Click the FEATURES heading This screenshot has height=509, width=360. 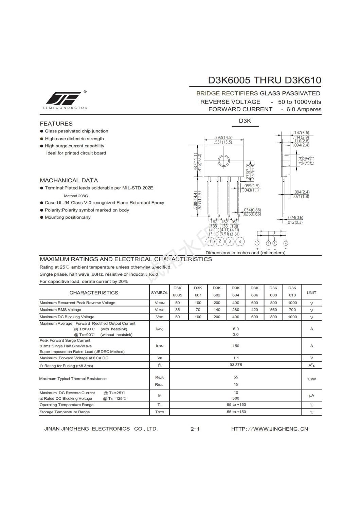[x=56, y=124]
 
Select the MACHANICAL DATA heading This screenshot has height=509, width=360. [x=69, y=180]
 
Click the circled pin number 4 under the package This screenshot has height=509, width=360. [x=240, y=242]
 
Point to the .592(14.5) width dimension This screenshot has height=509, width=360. [x=223, y=138]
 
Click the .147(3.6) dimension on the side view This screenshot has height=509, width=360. [x=301, y=133]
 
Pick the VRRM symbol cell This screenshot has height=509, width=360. [x=159, y=303]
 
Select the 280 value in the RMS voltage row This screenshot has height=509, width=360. [x=236, y=310]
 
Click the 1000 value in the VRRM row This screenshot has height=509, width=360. [x=292, y=303]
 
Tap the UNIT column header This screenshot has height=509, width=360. [x=311, y=293]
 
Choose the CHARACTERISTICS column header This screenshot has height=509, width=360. [x=94, y=293]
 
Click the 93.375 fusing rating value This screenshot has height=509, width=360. [x=236, y=365]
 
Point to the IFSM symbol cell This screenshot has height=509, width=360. [x=159, y=346]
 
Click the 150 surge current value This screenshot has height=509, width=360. [x=236, y=346]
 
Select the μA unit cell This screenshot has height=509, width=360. [x=311, y=396]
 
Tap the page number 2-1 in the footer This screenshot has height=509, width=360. [x=195, y=429]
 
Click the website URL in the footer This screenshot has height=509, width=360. [x=269, y=429]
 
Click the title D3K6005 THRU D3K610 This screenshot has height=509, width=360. [x=264, y=80]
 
